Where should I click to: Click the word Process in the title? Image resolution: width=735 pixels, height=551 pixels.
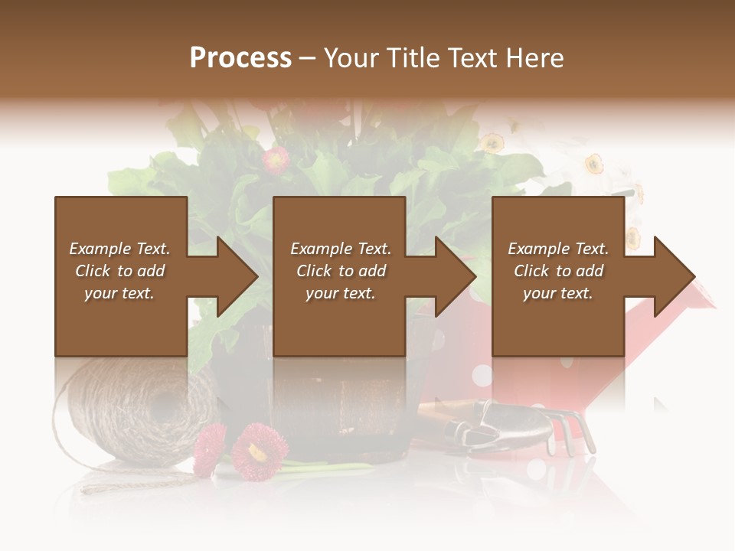[x=240, y=57]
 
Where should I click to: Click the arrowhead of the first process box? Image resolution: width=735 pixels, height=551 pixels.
[x=238, y=277]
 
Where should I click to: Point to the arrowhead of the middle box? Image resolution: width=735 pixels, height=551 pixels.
[x=456, y=277]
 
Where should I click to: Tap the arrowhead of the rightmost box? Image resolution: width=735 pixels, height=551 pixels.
[x=675, y=277]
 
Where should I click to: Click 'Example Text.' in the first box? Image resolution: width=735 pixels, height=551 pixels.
[x=119, y=249]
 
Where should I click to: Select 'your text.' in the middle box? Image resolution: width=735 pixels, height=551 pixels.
[x=340, y=293]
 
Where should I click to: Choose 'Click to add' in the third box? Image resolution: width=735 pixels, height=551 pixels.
[x=558, y=271]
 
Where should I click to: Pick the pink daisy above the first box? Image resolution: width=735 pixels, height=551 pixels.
[x=276, y=160]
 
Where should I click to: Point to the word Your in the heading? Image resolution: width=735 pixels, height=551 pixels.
[x=351, y=57]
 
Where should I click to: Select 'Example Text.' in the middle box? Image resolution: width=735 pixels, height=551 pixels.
[x=340, y=249]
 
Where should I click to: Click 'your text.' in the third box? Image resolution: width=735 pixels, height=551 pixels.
[x=558, y=293]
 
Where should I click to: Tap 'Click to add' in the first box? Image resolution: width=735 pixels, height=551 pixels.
[x=119, y=271]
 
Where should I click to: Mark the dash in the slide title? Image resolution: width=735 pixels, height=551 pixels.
[x=308, y=57]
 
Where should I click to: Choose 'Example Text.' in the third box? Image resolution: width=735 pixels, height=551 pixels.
[x=558, y=249]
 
